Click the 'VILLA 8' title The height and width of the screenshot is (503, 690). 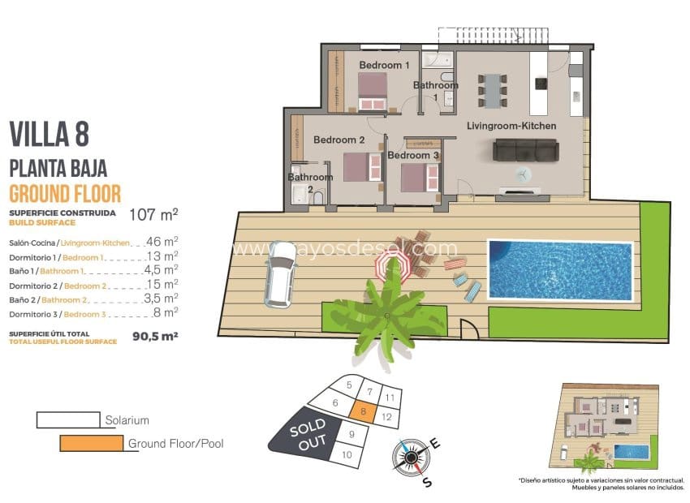click(x=49, y=133)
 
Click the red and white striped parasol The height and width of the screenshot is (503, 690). click(x=394, y=264)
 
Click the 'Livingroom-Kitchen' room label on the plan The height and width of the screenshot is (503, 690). click(x=511, y=126)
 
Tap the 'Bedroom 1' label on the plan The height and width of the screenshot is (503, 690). click(x=384, y=64)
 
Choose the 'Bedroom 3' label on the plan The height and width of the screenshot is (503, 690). click(x=413, y=155)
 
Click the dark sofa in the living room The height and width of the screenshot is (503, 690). click(x=526, y=149)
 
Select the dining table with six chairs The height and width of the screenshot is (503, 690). click(x=492, y=88)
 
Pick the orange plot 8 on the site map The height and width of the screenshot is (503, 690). click(x=364, y=412)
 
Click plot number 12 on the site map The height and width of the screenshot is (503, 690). click(x=387, y=417)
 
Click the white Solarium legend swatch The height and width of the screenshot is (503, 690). click(x=68, y=419)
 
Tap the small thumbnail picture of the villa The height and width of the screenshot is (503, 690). click(x=606, y=426)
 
